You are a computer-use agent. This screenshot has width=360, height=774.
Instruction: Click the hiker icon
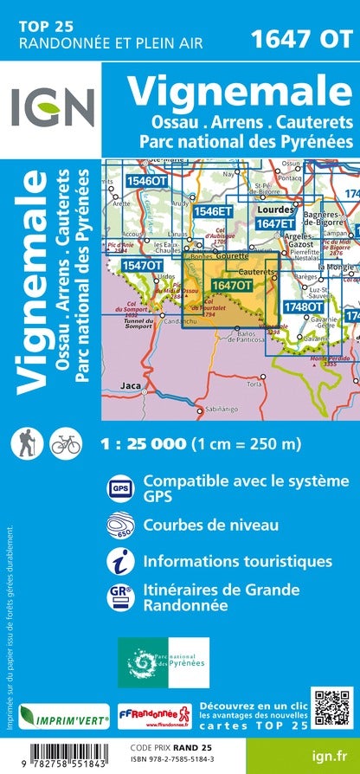coord(23,442)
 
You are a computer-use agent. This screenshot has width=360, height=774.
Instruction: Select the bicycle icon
coord(65,442)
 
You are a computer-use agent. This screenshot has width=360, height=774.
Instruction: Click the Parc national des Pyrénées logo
coord(164,662)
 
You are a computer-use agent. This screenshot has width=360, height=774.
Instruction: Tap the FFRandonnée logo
coord(149,714)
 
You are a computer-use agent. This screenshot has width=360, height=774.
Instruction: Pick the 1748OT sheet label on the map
coord(303,306)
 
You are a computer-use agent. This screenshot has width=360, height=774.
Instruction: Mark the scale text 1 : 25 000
coord(144,443)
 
